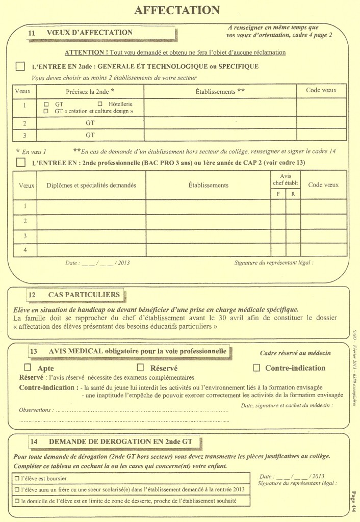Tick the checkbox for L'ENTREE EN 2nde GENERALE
pyautogui.click(x=20, y=66)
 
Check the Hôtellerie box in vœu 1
pyautogui.click(x=100, y=103)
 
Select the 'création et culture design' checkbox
pyautogui.click(x=46, y=111)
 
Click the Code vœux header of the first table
pyautogui.click(x=321, y=91)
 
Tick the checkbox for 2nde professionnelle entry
pyautogui.click(x=20, y=163)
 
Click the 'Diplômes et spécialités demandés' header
pyautogui.click(x=91, y=186)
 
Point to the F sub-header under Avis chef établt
pyautogui.click(x=278, y=194)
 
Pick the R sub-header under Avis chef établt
pyautogui.click(x=293, y=194)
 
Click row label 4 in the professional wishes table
pyautogui.click(x=24, y=250)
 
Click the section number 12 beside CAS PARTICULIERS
pyautogui.click(x=32, y=295)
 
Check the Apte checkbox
pyautogui.click(x=28, y=368)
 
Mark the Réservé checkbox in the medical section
pyautogui.click(x=141, y=368)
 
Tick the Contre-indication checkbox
pyautogui.click(x=256, y=368)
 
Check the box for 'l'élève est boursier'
pyautogui.click(x=17, y=479)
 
